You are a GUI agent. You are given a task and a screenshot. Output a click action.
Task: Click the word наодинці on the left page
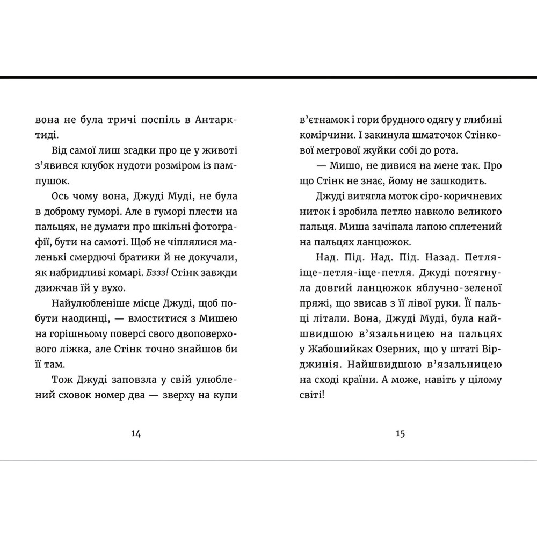tap(77, 318)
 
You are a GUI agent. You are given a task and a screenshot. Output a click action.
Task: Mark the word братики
tap(163, 258)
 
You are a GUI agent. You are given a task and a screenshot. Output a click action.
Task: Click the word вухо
tap(112, 288)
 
